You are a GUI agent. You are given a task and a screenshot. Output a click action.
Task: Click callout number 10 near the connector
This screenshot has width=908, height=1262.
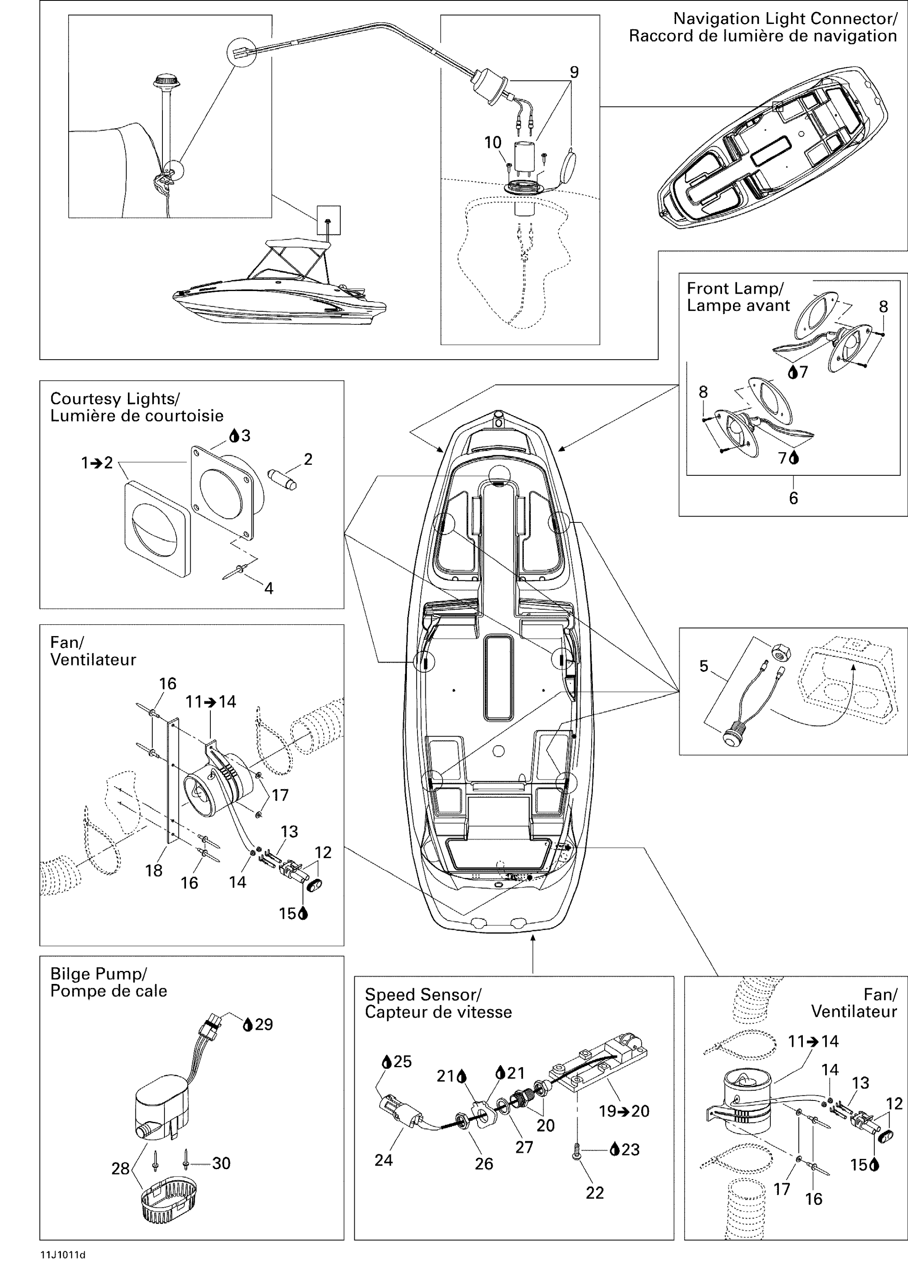[493, 143]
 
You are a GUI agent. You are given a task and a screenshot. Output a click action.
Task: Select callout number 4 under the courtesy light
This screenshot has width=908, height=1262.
[269, 588]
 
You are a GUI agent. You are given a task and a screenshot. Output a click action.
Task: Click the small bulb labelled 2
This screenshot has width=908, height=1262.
[283, 479]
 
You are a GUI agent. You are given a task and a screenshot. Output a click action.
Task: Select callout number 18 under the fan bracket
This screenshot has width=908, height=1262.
[154, 871]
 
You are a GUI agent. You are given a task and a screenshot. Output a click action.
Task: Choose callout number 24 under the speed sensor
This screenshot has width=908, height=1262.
[384, 1160]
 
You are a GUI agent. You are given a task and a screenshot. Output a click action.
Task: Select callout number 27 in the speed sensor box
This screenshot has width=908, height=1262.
[524, 1147]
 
